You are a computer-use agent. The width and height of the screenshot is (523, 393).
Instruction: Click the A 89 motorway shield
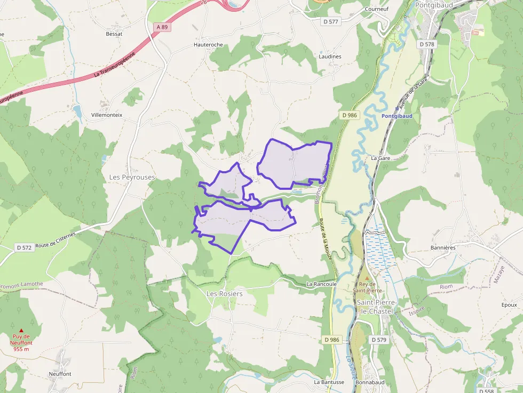162,27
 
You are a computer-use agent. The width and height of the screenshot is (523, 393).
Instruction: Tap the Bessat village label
114,34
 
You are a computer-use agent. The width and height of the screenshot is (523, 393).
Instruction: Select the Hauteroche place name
208,45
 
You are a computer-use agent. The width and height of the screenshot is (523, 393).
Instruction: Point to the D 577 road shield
331,22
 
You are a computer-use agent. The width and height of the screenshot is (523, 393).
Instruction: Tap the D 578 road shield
427,45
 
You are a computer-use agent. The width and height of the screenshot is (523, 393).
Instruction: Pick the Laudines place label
330,57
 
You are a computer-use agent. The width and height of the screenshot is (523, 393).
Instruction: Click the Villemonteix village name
107,115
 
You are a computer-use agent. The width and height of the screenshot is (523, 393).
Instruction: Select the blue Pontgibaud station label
397,116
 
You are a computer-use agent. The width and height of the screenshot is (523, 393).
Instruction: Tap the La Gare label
381,158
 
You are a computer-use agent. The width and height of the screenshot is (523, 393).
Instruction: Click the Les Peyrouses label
132,177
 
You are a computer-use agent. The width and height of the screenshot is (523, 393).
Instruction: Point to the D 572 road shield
25,247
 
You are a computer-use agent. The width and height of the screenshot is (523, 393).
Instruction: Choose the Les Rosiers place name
224,294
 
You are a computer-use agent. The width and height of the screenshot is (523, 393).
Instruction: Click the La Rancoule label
321,284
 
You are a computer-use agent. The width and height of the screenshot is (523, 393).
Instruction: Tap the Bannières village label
442,248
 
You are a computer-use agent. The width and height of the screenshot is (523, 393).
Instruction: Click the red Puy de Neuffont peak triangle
21,331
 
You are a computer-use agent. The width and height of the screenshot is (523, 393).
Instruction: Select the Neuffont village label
60,374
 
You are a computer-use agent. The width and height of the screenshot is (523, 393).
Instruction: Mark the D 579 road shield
378,340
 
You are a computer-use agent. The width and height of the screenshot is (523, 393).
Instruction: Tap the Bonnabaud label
370,382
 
